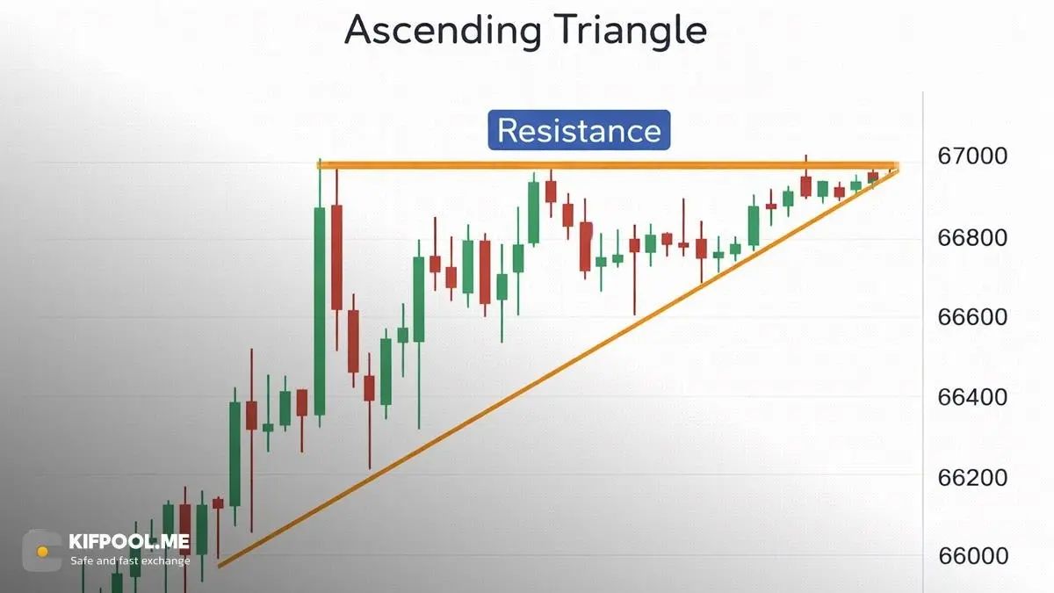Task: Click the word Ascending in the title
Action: [443, 31]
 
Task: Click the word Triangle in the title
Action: [630, 31]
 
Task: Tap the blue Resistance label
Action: [579, 130]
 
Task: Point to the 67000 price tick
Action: [972, 155]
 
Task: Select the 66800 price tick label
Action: [972, 238]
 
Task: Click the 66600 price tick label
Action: [972, 317]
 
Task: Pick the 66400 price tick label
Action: [972, 397]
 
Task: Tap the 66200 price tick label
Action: [972, 478]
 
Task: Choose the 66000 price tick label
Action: [973, 556]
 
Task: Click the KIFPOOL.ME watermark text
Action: [129, 542]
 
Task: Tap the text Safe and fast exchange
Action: [130, 561]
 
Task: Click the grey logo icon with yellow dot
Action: [42, 551]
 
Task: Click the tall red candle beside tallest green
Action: [337, 260]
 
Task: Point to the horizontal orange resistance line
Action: [608, 166]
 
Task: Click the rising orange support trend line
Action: [558, 368]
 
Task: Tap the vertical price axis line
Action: [923, 342]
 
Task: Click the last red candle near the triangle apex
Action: [873, 178]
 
